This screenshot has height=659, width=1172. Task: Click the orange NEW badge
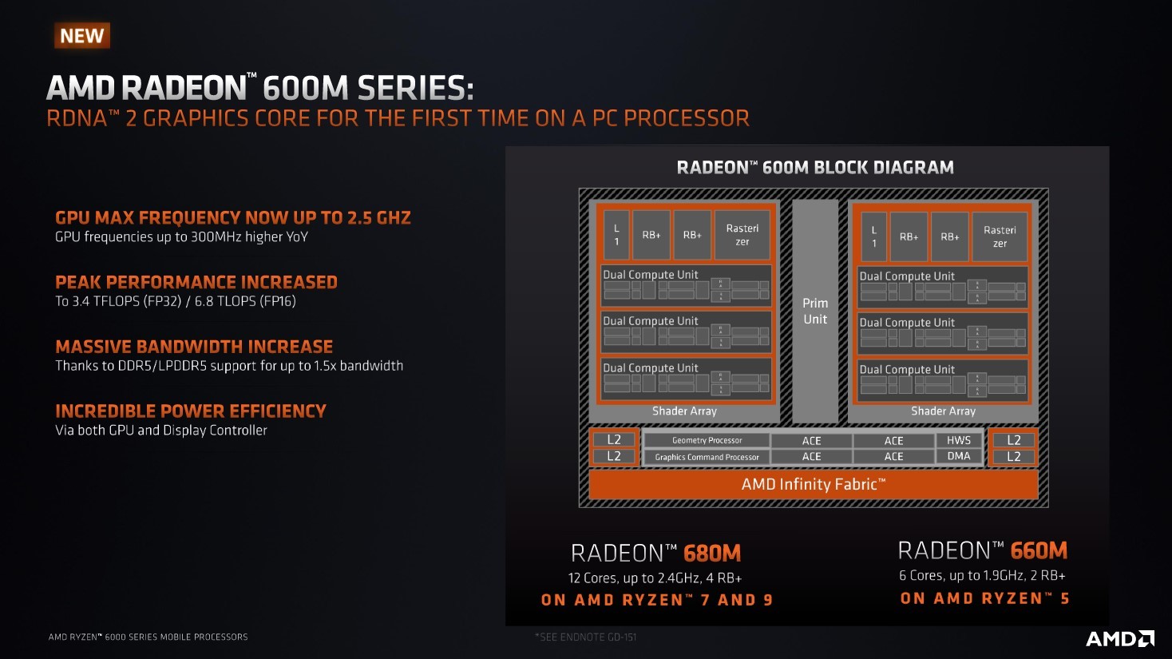pyautogui.click(x=82, y=36)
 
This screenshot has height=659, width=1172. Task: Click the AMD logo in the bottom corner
pyautogui.click(x=1119, y=638)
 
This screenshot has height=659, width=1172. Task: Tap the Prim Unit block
pyautogui.click(x=815, y=311)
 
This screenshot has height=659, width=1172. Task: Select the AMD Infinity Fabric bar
pyautogui.click(x=813, y=484)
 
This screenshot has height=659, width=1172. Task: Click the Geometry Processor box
pyautogui.click(x=707, y=440)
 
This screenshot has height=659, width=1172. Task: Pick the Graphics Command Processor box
pyautogui.click(x=707, y=457)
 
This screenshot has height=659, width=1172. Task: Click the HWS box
pyautogui.click(x=959, y=440)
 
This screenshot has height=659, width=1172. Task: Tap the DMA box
pyautogui.click(x=959, y=456)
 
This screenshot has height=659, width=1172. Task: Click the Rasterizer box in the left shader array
pyautogui.click(x=742, y=235)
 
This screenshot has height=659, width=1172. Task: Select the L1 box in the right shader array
pyautogui.click(x=873, y=236)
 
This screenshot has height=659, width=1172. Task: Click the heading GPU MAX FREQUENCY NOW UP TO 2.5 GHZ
pyautogui.click(x=232, y=218)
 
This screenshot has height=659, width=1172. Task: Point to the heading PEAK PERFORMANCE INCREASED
pyautogui.click(x=196, y=283)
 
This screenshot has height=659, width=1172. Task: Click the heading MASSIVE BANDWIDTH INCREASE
pyautogui.click(x=194, y=347)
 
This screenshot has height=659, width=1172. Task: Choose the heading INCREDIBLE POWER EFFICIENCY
pyautogui.click(x=191, y=411)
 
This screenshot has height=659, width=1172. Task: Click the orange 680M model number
pyautogui.click(x=712, y=554)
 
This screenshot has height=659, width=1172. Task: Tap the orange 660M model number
pyautogui.click(x=1039, y=551)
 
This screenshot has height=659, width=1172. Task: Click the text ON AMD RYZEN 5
pyautogui.click(x=984, y=599)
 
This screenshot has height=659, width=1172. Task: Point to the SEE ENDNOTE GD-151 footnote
pyautogui.click(x=586, y=637)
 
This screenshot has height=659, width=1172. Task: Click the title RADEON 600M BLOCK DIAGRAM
pyautogui.click(x=815, y=168)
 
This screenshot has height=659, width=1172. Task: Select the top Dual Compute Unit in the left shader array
pyautogui.click(x=686, y=286)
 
